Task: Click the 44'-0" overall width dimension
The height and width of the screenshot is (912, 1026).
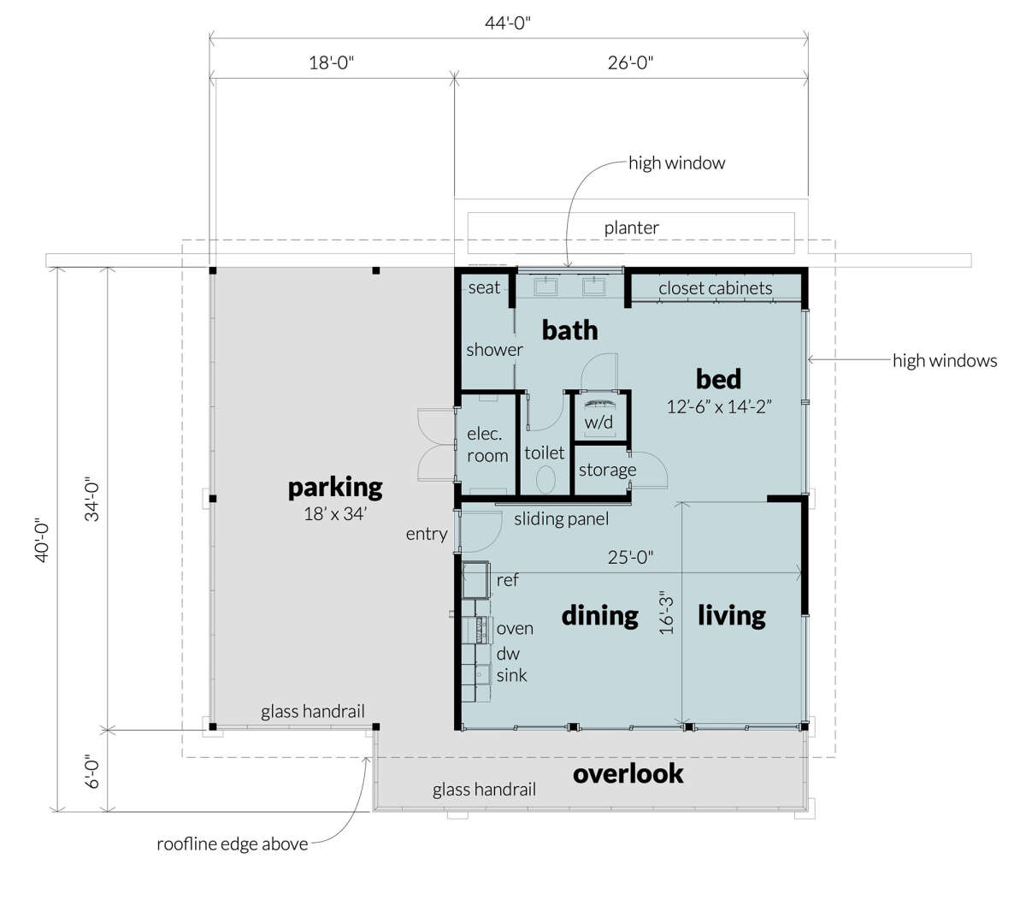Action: pos(507,23)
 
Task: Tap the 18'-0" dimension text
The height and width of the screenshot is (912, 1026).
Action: pos(331,63)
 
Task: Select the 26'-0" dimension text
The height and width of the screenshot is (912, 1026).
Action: pos(630,63)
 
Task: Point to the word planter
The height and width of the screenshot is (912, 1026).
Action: pos(632,228)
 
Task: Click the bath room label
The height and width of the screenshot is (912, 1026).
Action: pos(569,330)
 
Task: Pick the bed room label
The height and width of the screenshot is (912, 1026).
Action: pos(718,379)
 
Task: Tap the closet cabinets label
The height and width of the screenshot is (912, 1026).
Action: pos(715,288)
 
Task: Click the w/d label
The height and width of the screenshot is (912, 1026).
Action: pos(598,422)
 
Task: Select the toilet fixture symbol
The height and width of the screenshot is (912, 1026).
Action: pos(545,479)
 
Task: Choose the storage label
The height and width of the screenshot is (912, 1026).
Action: pos(607,471)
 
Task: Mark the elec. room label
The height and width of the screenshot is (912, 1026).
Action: pos(487,445)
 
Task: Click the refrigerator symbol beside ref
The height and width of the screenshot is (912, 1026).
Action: pos(476,580)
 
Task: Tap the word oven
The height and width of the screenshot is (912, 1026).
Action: pos(515,629)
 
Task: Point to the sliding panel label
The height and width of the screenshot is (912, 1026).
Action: pos(561,518)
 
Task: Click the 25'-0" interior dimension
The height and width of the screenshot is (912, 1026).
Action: pos(630,557)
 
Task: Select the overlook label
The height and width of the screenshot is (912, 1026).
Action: pos(628,773)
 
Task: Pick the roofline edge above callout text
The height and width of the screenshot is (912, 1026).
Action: pos(233,844)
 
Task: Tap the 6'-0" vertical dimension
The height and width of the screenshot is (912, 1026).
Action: pos(91,771)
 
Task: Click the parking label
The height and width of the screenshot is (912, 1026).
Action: pos(335,488)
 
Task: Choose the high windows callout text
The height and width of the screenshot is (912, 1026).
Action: pos(945,361)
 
